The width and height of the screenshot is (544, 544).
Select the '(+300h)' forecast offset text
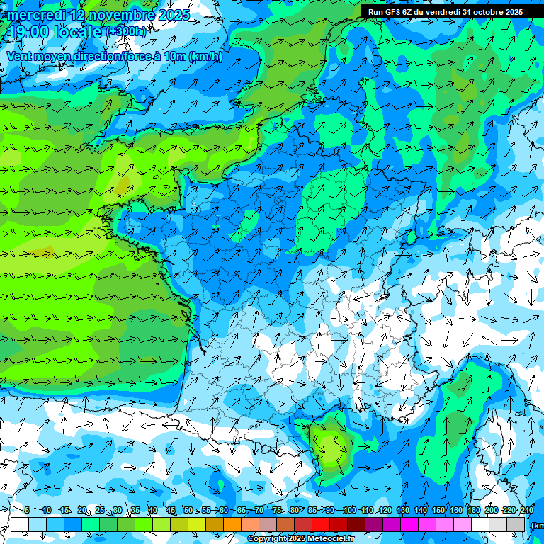point(127,32)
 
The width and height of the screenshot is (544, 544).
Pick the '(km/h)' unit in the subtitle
point(205,57)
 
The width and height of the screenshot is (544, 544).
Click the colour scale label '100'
point(349,510)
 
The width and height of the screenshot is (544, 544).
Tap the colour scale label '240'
point(526,510)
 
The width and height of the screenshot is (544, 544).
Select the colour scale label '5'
point(26,510)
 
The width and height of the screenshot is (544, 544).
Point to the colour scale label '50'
point(188,510)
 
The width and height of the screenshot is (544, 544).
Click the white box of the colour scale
point(20,524)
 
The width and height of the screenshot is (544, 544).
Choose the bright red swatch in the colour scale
point(321,524)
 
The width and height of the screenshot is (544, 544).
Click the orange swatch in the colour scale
point(232,524)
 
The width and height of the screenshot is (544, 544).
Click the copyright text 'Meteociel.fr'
point(329,539)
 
